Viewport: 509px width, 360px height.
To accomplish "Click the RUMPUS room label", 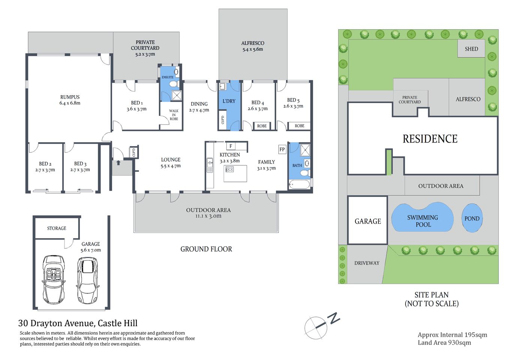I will (70, 97).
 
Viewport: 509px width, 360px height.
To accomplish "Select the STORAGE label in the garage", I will (57, 228).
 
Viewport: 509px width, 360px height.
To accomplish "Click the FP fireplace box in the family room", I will (282, 149).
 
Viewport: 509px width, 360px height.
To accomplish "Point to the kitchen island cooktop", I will (229, 169).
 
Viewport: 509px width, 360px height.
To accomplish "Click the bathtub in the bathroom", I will (299, 184).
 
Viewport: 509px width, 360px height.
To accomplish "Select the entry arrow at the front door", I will (118, 163).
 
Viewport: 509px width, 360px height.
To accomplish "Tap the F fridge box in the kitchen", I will (231, 146).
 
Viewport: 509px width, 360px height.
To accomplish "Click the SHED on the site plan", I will (471, 49).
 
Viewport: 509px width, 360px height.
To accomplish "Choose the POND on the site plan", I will (472, 219).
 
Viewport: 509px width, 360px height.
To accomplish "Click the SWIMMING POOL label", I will (422, 221).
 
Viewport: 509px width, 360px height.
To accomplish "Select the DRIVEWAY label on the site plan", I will (367, 263).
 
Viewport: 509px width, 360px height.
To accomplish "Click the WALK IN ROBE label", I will (174, 115).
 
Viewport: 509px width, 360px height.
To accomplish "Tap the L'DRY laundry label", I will (229, 101).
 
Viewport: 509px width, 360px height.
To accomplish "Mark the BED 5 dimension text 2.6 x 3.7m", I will (293, 106).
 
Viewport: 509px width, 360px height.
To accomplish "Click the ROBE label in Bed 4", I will (262, 126).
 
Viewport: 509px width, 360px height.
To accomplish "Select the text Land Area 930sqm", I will (444, 343).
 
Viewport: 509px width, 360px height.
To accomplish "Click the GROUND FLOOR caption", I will (206, 249).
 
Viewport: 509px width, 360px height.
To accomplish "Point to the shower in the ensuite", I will (176, 95).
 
